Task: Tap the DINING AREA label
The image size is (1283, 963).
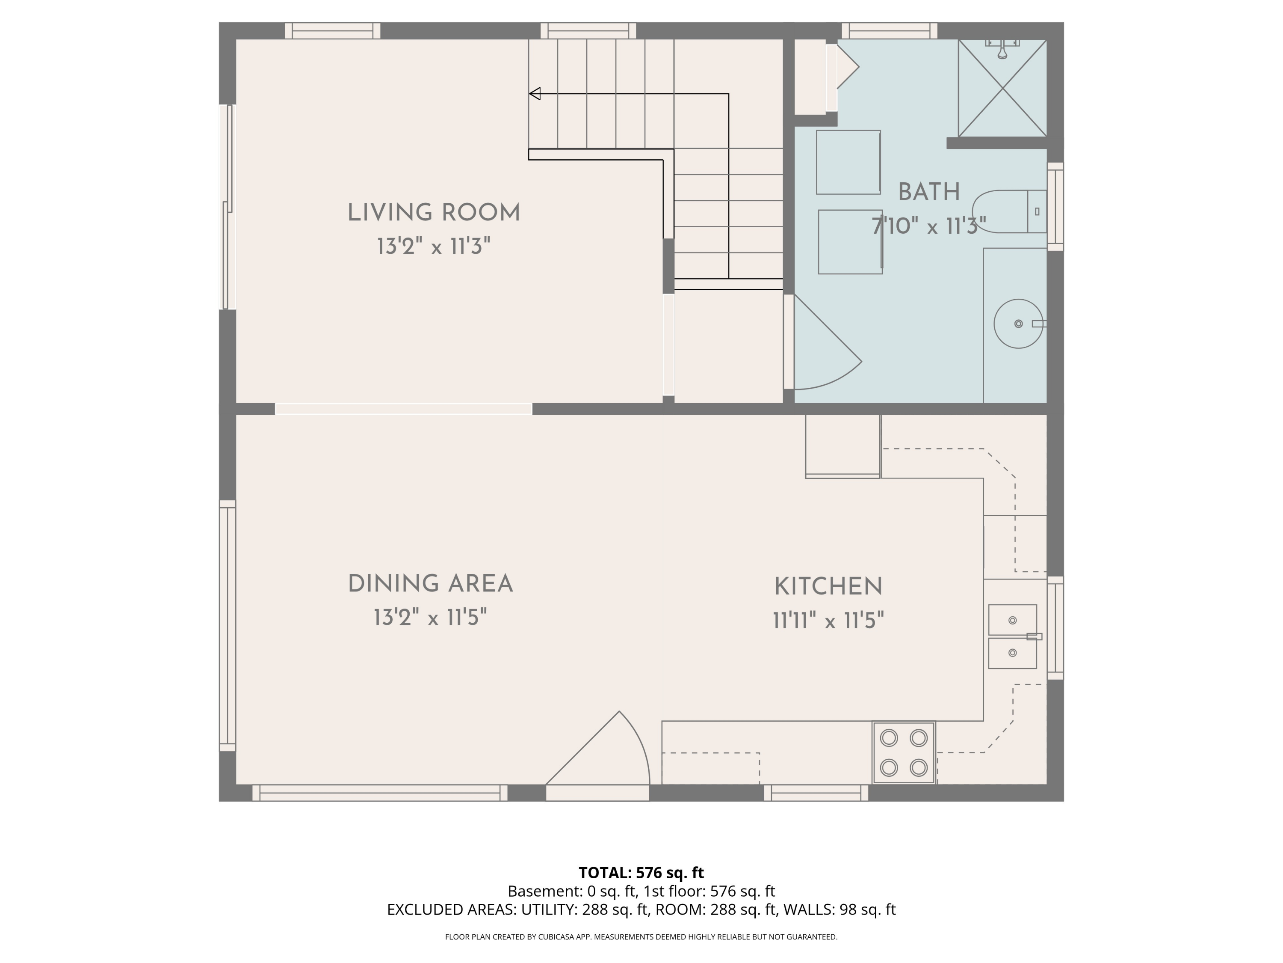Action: pyautogui.click(x=430, y=583)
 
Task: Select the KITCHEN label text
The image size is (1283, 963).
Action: pyautogui.click(x=828, y=586)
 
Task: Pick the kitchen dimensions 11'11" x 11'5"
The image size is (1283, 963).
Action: pyautogui.click(x=828, y=621)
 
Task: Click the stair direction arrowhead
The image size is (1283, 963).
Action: pyautogui.click(x=535, y=93)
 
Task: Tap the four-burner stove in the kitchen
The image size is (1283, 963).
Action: pyautogui.click(x=904, y=753)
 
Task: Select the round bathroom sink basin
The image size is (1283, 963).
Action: pyautogui.click(x=1019, y=324)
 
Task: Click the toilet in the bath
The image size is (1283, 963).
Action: pyautogui.click(x=1009, y=211)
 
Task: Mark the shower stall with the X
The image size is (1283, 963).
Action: pyautogui.click(x=1002, y=88)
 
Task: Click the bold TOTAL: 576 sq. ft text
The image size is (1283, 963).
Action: pyautogui.click(x=641, y=872)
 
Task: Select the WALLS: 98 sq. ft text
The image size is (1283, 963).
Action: pyautogui.click(x=840, y=909)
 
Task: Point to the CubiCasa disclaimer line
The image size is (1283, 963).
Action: pyautogui.click(x=641, y=937)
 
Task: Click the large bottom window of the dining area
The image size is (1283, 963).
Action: pyautogui.click(x=380, y=793)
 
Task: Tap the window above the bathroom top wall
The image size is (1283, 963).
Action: pyautogui.click(x=890, y=31)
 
